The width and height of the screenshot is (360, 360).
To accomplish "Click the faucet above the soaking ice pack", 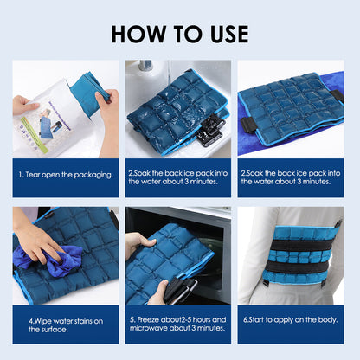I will [148, 67].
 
